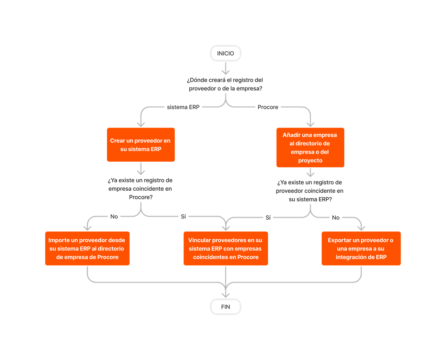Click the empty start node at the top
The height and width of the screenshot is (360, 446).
[x=225, y=54]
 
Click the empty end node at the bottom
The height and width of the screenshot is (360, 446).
[x=225, y=306]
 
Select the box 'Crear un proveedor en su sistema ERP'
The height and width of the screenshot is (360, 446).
[x=141, y=145]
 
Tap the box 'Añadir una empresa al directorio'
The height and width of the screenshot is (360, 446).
[x=310, y=148]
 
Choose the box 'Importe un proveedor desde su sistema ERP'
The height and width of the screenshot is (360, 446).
[x=87, y=248]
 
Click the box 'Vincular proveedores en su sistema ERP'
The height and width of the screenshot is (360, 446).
[x=225, y=248]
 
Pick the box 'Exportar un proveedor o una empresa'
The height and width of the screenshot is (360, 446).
[x=361, y=248]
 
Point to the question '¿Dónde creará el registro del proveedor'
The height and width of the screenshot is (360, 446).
[x=225, y=84]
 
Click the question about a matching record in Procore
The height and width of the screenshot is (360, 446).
[x=140, y=189]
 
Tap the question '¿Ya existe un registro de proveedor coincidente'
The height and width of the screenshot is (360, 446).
[x=310, y=191]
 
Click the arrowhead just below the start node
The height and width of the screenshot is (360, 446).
[x=225, y=72]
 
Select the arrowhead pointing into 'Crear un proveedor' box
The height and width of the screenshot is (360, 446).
[x=141, y=124]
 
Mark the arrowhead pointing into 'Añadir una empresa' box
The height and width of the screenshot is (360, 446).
[x=310, y=124]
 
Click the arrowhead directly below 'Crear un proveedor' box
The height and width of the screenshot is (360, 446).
[x=141, y=172]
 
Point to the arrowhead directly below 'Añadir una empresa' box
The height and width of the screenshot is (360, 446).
[x=310, y=174]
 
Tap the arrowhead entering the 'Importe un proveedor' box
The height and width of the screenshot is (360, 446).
[x=88, y=228]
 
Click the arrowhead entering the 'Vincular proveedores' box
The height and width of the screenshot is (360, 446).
[x=226, y=228]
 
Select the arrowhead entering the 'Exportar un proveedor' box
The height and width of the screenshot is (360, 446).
[x=361, y=228]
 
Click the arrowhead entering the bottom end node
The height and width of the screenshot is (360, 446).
[x=225, y=295]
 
